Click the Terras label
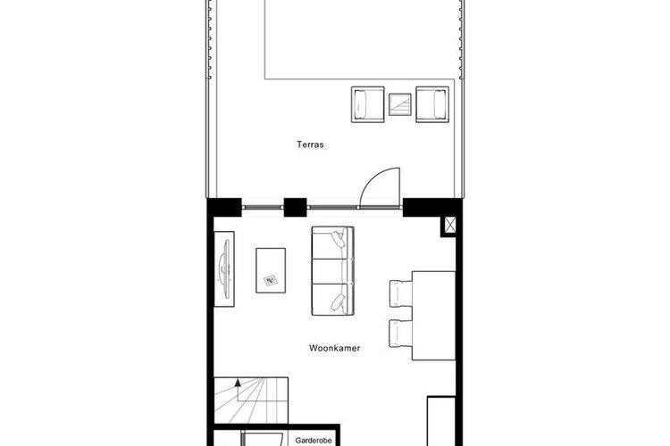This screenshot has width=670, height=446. pos(310,145)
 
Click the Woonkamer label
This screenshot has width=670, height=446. pos(335,348)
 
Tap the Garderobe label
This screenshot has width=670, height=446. pos(314,441)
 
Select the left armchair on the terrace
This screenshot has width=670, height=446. pos(367,104)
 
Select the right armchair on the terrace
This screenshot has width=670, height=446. pos(432,104)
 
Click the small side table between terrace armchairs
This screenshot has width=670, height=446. pos(400,104)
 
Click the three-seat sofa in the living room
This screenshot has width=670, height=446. pos(333,271)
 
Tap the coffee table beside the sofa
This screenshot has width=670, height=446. pos(271,270)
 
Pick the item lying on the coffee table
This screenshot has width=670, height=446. pos(271,280)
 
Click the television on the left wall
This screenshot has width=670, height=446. pos(224,268)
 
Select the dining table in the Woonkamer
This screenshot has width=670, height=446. pos(433,316)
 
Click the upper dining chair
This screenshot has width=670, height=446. pos(401,293)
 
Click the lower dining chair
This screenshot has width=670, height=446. pos(401,334)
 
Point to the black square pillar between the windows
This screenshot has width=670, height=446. pos(296,208)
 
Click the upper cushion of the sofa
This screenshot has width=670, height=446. pos(333,242)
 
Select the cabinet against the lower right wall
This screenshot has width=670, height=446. pos(441,421)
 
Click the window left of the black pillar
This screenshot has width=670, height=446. pos(263,208)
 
